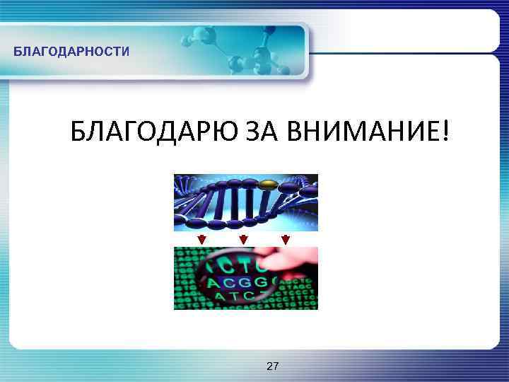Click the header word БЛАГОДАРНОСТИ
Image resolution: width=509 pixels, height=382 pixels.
click(71, 52)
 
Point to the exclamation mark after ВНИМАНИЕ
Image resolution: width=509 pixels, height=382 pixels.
click(443, 132)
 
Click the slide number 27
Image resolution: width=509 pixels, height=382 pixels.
click(272, 366)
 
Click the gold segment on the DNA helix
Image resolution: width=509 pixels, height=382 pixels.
click(268, 185)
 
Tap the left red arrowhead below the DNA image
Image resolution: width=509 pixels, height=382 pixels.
click(201, 239)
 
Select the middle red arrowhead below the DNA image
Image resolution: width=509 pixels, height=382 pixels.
click(244, 239)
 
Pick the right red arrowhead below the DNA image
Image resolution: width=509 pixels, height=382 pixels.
click(286, 239)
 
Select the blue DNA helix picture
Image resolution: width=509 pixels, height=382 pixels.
click(245, 202)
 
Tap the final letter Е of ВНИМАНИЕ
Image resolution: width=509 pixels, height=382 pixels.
click(428, 132)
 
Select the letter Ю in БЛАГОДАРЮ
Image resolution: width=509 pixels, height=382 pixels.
click(213, 132)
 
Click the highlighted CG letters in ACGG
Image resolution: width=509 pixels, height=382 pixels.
click(240, 284)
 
